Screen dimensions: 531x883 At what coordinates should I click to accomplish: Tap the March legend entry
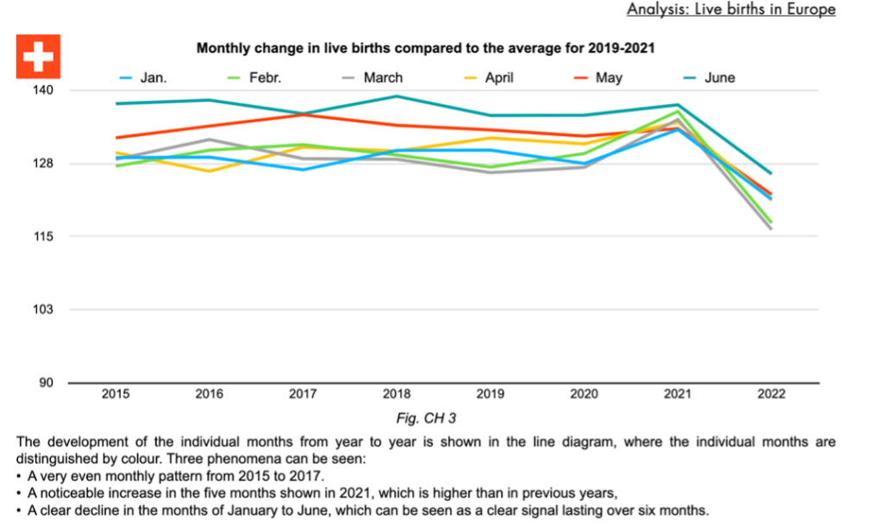click(371, 78)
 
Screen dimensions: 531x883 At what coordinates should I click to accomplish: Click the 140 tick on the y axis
click(43, 91)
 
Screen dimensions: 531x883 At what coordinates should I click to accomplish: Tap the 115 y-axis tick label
click(43, 236)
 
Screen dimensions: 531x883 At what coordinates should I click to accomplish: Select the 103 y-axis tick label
click(43, 309)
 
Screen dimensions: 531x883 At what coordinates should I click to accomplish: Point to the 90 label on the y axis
click(46, 383)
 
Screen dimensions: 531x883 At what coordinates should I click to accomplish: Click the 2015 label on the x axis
click(116, 394)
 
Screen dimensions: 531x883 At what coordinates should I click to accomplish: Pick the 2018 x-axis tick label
click(397, 394)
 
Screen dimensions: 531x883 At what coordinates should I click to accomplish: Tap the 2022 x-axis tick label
click(771, 394)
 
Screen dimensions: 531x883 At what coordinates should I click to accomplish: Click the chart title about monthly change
click(425, 48)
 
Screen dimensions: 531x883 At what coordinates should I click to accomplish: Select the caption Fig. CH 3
click(425, 418)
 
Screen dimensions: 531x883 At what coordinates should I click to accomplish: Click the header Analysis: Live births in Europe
click(730, 9)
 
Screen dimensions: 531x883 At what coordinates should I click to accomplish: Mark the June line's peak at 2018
click(397, 97)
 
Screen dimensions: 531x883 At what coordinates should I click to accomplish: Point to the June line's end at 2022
click(771, 173)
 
